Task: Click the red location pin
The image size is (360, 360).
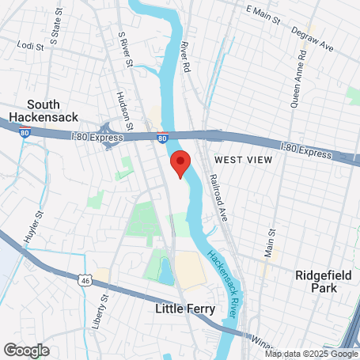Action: (x=180, y=164)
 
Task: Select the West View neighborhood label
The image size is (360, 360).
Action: (x=243, y=160)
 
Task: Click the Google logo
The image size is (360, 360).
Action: (x=26, y=350)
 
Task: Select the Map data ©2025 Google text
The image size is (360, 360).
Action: (x=312, y=354)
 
